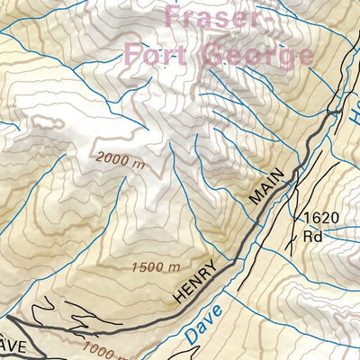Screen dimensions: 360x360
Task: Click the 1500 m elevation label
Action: coord(156,267)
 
